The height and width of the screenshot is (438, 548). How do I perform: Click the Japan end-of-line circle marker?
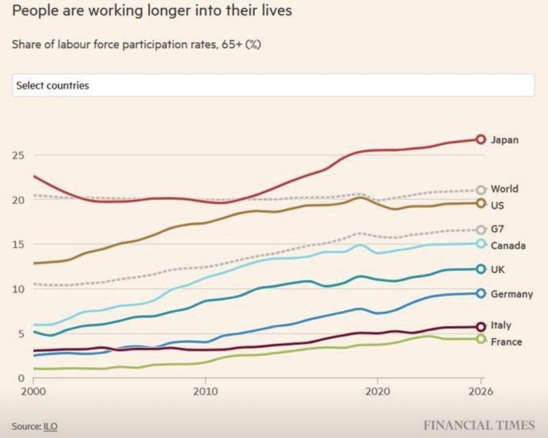pyautogui.click(x=481, y=140)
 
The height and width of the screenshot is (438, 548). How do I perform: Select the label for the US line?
pyautogui.click(x=497, y=205)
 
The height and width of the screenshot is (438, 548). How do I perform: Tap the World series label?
pyautogui.click(x=504, y=189)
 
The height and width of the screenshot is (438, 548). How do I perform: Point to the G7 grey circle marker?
pyautogui.click(x=481, y=230)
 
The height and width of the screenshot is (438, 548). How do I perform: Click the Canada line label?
pyautogui.click(x=508, y=246)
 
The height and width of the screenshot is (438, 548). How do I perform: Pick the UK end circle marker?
pyautogui.click(x=481, y=269)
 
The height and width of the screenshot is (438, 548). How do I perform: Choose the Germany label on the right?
pyautogui.click(x=512, y=294)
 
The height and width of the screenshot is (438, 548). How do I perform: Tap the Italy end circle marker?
pyautogui.click(x=481, y=326)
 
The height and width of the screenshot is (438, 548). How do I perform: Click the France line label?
pyautogui.click(x=506, y=342)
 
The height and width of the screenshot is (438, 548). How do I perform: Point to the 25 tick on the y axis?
pyautogui.click(x=20, y=155)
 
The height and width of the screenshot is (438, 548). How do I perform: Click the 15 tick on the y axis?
pyautogui.click(x=20, y=244)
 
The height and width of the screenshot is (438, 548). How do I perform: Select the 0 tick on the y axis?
pyautogui.click(x=22, y=378)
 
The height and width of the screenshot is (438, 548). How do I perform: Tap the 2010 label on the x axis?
pyautogui.click(x=205, y=391)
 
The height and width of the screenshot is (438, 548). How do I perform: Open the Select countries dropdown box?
pyautogui.click(x=273, y=85)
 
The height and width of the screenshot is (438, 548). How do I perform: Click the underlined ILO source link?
pyautogui.click(x=51, y=427)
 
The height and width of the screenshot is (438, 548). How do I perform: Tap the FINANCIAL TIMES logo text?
pyautogui.click(x=479, y=426)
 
